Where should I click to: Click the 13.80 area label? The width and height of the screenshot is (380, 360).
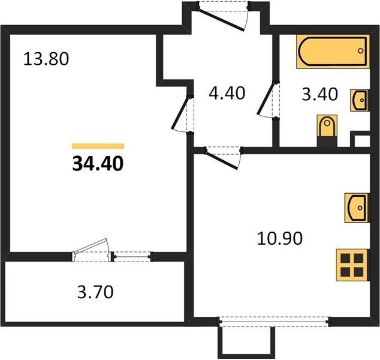46,59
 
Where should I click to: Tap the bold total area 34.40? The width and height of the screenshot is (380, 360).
98,164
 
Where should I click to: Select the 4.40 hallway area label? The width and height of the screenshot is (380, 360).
227,93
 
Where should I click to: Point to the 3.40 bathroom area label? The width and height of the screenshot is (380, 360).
319,94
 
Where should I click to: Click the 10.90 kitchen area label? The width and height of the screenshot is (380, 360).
280,238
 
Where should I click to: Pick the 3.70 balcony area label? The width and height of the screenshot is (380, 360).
95,292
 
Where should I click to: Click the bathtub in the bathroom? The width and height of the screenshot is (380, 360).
333,52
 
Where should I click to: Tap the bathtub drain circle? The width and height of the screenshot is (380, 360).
361,51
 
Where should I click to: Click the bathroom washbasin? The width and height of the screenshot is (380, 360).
360,100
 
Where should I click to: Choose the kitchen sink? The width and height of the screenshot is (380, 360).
357,208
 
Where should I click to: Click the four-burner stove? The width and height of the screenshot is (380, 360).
352,265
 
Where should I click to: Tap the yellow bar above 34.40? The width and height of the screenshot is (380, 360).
98,146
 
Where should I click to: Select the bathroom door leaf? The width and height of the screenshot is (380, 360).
266,98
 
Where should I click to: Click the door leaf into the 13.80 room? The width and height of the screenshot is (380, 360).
180,113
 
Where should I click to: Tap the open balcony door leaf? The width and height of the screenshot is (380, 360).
91,246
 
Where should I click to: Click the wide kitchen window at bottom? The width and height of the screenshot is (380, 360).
274,322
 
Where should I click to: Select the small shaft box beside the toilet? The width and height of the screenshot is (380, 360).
360,139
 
